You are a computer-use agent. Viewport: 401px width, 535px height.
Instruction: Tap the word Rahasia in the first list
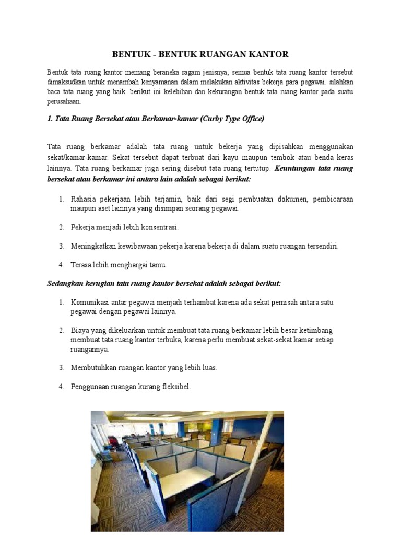tap(84, 199)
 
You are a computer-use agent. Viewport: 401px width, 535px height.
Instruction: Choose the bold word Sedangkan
tap(65, 283)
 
